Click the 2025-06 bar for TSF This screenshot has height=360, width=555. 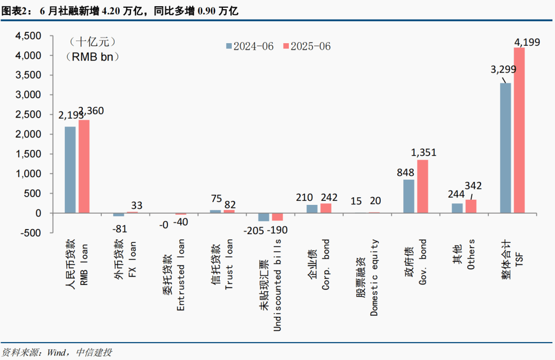tap(519, 130)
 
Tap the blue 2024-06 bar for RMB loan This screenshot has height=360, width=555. tap(70, 169)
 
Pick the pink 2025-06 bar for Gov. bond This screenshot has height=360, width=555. tap(422, 186)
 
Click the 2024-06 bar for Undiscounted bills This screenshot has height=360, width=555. tap(264, 217)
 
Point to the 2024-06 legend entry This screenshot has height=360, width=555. tap(251, 46)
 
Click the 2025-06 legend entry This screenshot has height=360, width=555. tap(307, 46)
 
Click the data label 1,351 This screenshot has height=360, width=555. tap(423, 153)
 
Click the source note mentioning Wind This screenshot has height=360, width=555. tap(57, 352)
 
